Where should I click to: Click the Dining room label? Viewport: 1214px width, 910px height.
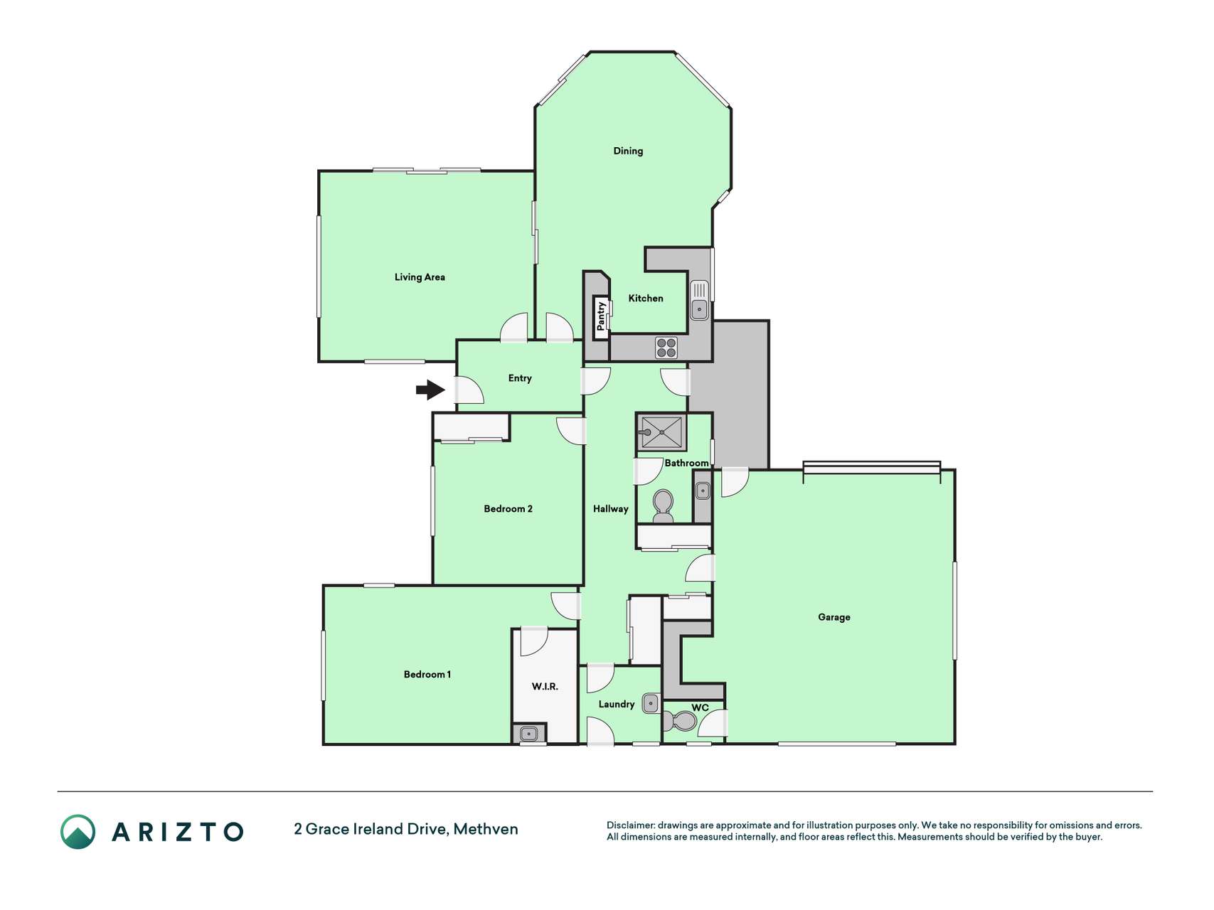tap(628, 151)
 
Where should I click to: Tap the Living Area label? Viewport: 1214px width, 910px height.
tap(420, 277)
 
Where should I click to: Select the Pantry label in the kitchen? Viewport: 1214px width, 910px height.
tap(601, 316)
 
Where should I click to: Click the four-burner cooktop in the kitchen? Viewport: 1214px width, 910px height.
tap(666, 348)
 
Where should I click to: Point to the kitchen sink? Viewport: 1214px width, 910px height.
tap(699, 300)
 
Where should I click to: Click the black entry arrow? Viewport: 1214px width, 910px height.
tap(430, 390)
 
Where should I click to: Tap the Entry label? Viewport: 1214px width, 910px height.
tap(520, 378)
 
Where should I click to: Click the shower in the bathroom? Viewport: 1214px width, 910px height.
tap(661, 432)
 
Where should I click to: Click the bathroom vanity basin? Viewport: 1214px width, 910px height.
tap(703, 490)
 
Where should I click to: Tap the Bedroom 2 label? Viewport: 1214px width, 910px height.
tap(508, 509)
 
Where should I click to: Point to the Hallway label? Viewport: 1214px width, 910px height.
tap(611, 509)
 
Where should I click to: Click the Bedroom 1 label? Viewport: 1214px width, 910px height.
tap(427, 675)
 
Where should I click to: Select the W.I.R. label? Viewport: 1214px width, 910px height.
tap(545, 687)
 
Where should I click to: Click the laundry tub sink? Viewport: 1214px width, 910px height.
tap(651, 703)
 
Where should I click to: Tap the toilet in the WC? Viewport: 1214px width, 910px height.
tap(681, 722)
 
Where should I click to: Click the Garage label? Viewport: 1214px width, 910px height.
tap(834, 617)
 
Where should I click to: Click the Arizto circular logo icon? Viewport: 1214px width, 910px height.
tap(78, 832)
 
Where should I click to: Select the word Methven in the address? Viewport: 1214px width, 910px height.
tap(486, 829)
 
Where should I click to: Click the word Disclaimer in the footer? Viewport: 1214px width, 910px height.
tap(630, 825)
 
